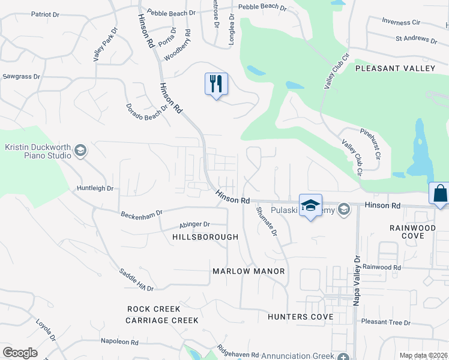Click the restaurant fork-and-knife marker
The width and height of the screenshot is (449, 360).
(216, 83)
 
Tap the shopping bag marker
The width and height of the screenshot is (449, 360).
(440, 194)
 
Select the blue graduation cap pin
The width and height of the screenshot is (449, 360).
(310, 205)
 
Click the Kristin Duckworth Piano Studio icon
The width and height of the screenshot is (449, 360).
(80, 151)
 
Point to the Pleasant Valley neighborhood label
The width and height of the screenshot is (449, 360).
(395, 68)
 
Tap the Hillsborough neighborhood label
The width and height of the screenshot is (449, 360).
(205, 237)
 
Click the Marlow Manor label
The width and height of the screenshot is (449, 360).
(249, 271)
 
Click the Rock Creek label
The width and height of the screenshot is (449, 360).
(154, 309)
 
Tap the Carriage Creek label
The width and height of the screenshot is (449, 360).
(162, 320)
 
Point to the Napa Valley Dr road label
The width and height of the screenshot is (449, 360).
(356, 281)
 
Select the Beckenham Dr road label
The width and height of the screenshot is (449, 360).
(142, 213)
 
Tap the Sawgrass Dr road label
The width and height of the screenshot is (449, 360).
(21, 77)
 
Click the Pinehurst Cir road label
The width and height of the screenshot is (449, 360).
(370, 142)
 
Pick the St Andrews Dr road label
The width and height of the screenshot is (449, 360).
(416, 40)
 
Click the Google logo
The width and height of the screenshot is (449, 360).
(20, 353)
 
